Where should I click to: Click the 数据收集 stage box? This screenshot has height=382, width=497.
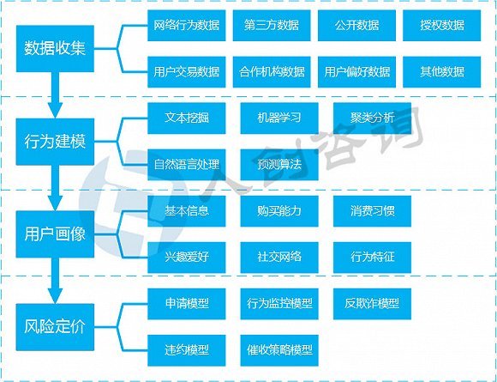point(55,49)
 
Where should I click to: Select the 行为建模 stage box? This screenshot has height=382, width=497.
point(55,142)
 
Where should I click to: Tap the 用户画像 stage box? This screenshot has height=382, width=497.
point(55,234)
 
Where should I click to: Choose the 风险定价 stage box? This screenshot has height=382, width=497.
point(55,327)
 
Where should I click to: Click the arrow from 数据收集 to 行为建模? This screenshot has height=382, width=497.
point(55,94)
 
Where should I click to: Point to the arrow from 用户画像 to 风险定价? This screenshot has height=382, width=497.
point(55,281)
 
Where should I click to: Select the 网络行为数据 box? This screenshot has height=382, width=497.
point(187,26)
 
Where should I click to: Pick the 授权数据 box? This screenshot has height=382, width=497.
point(442,26)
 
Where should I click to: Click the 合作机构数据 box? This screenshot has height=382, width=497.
point(272,72)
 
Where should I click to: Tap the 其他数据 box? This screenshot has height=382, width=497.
point(442,72)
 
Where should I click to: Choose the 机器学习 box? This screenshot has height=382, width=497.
point(279,118)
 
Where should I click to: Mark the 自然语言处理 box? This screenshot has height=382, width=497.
point(187,165)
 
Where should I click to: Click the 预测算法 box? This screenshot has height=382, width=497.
point(279,165)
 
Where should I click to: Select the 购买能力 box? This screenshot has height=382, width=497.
point(279,211)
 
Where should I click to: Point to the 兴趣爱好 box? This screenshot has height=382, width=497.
point(187,258)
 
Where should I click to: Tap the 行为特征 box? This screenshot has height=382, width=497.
point(372,258)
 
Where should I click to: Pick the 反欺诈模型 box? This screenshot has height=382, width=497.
point(372,304)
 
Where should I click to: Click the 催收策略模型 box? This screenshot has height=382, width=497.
point(279,350)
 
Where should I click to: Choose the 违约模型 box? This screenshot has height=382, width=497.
point(187,350)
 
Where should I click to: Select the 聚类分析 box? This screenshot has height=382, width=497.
point(372,118)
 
